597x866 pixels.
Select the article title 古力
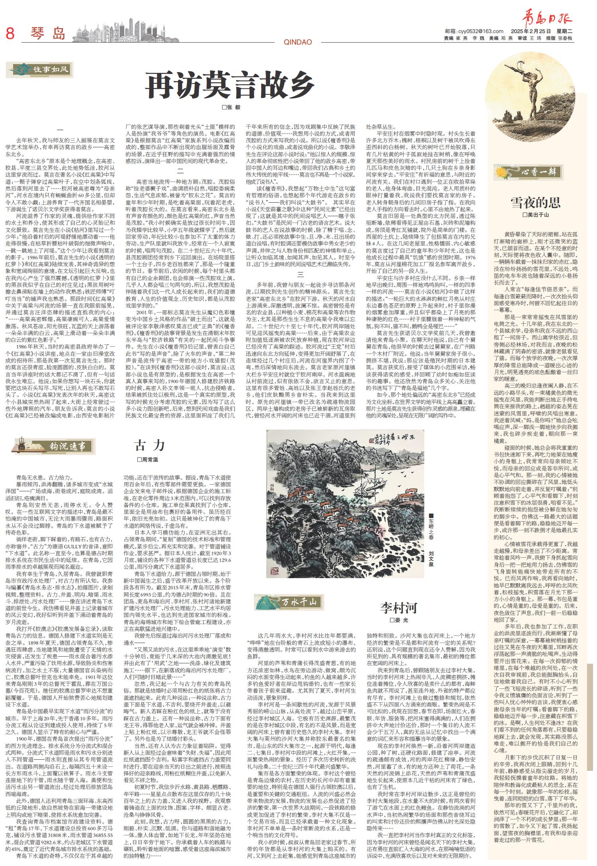coord(149,445)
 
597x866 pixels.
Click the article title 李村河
coord(399,608)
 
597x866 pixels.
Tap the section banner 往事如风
coord(40,70)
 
